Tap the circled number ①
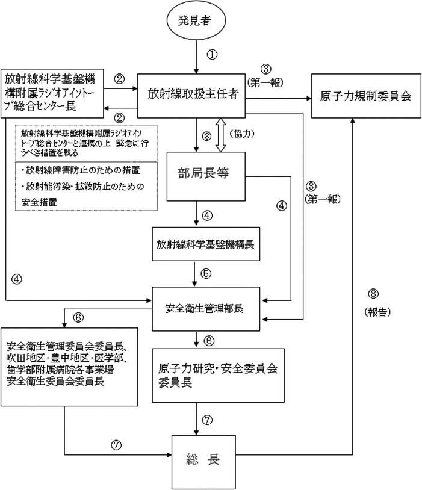211,54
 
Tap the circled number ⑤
206,273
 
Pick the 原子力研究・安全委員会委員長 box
217,374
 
